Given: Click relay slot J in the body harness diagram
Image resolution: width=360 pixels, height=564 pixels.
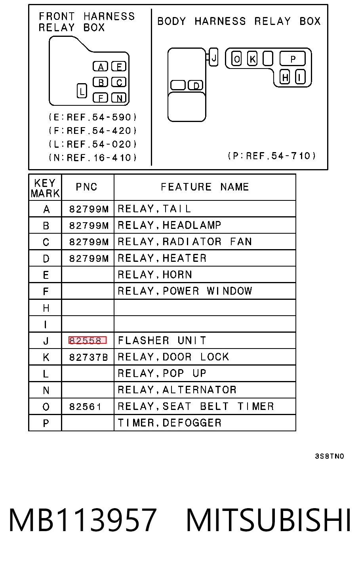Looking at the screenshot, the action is (x=214, y=57).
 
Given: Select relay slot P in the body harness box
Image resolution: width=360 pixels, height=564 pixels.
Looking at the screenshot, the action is (x=293, y=59).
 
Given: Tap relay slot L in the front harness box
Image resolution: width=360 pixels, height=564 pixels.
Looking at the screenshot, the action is (x=82, y=91).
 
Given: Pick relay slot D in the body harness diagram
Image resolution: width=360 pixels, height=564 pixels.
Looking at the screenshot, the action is (x=196, y=86).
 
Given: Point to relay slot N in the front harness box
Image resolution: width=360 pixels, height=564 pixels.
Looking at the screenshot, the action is (x=118, y=98).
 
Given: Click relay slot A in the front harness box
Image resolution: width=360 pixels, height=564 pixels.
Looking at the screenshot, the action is (x=100, y=67).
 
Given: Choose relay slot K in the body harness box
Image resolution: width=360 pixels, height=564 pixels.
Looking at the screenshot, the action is (x=252, y=59).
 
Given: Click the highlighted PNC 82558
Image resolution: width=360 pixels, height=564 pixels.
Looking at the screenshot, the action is (x=88, y=340).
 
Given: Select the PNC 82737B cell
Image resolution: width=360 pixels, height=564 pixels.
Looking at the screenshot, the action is (x=88, y=357).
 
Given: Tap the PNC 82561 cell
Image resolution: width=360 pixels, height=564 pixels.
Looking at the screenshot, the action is (x=85, y=406).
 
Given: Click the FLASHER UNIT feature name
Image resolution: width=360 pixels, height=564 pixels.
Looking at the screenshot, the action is (x=162, y=340).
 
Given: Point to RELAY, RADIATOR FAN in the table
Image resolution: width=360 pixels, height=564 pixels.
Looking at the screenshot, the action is (x=185, y=242).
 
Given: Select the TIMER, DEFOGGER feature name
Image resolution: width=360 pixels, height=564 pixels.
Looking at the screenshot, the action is (x=170, y=423).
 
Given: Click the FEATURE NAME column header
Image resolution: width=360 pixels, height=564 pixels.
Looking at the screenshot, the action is (x=205, y=187).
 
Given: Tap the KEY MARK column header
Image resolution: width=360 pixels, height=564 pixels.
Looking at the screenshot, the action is (x=45, y=188).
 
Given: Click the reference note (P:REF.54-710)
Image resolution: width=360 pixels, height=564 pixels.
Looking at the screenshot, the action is (x=272, y=156).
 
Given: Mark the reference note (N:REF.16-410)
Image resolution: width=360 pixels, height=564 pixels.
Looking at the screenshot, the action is (x=93, y=158).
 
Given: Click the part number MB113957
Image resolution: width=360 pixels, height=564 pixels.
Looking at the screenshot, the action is (x=82, y=519).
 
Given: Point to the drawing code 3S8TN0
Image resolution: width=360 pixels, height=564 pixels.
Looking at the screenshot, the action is (x=330, y=456).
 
